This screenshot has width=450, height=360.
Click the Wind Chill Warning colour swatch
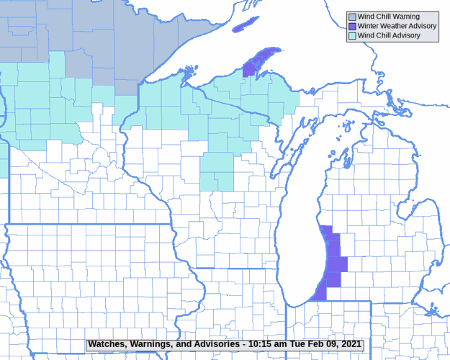click(x=352, y=17)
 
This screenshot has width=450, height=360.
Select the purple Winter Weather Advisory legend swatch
click(x=352, y=26)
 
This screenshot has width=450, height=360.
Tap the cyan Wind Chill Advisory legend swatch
click(x=352, y=35)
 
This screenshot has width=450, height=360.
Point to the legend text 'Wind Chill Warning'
click(x=389, y=17)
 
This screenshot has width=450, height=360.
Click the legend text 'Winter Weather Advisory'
click(x=397, y=26)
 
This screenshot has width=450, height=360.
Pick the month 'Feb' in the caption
click(x=317, y=345)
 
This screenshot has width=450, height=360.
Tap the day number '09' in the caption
click(x=331, y=345)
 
